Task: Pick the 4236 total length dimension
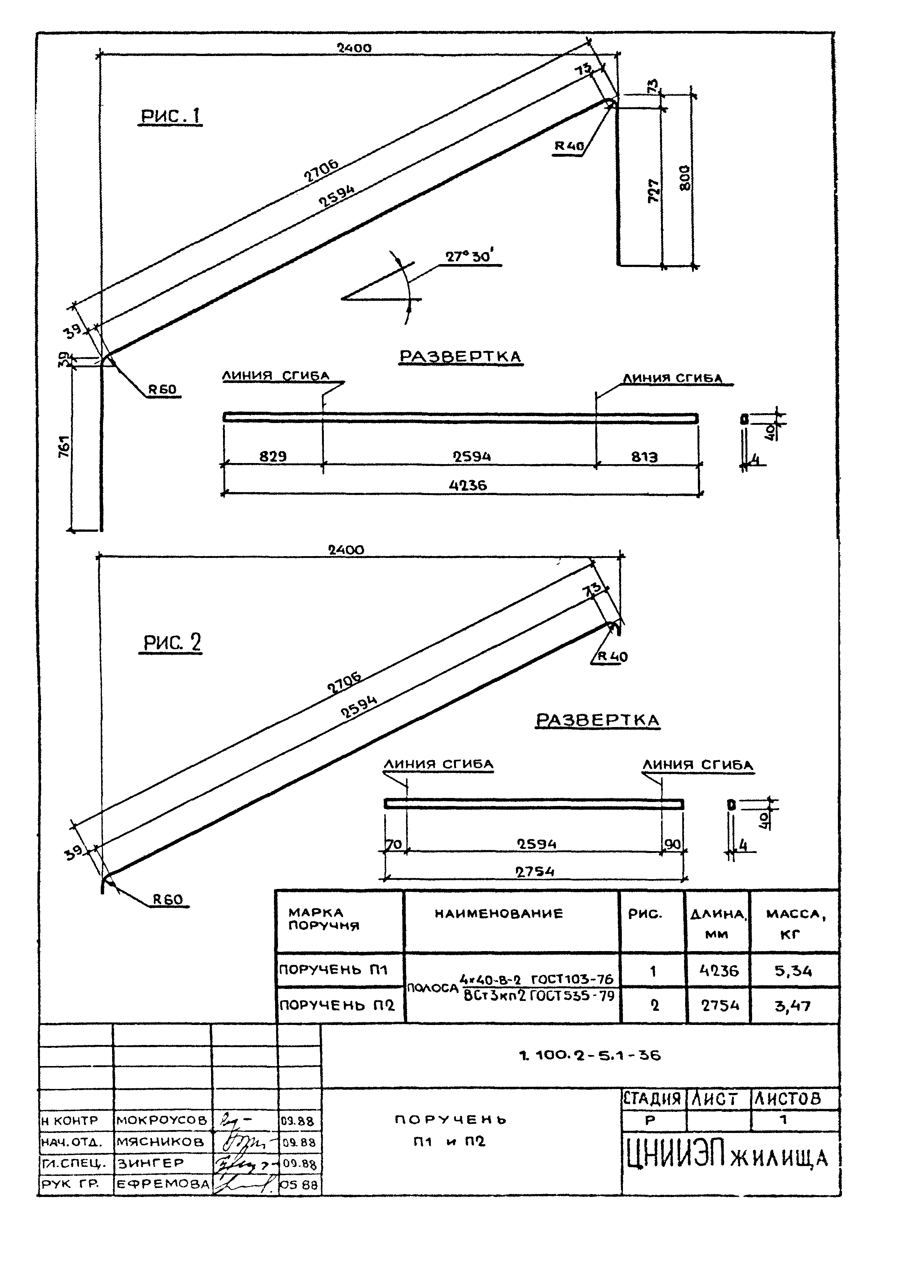pos(468,485)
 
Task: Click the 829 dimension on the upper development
pos(273,456)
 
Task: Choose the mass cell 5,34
pos(794,971)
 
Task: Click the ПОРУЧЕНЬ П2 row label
pos(337,1005)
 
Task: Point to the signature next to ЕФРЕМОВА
pos(244,1184)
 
